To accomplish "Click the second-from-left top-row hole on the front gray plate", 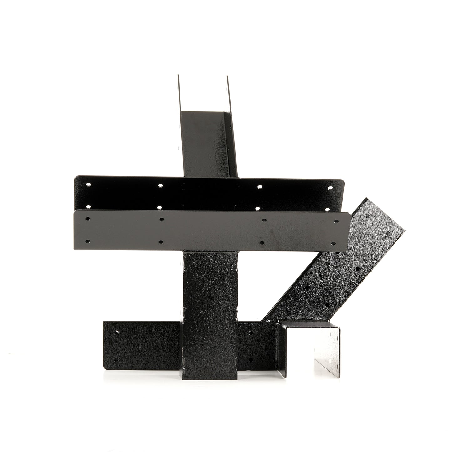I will (x=161, y=220).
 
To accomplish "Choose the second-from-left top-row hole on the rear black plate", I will (x=160, y=185).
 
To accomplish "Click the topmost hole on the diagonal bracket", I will (x=368, y=216).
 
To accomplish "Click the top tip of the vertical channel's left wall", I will (x=178, y=76).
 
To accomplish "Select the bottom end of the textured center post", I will (x=210, y=379).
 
